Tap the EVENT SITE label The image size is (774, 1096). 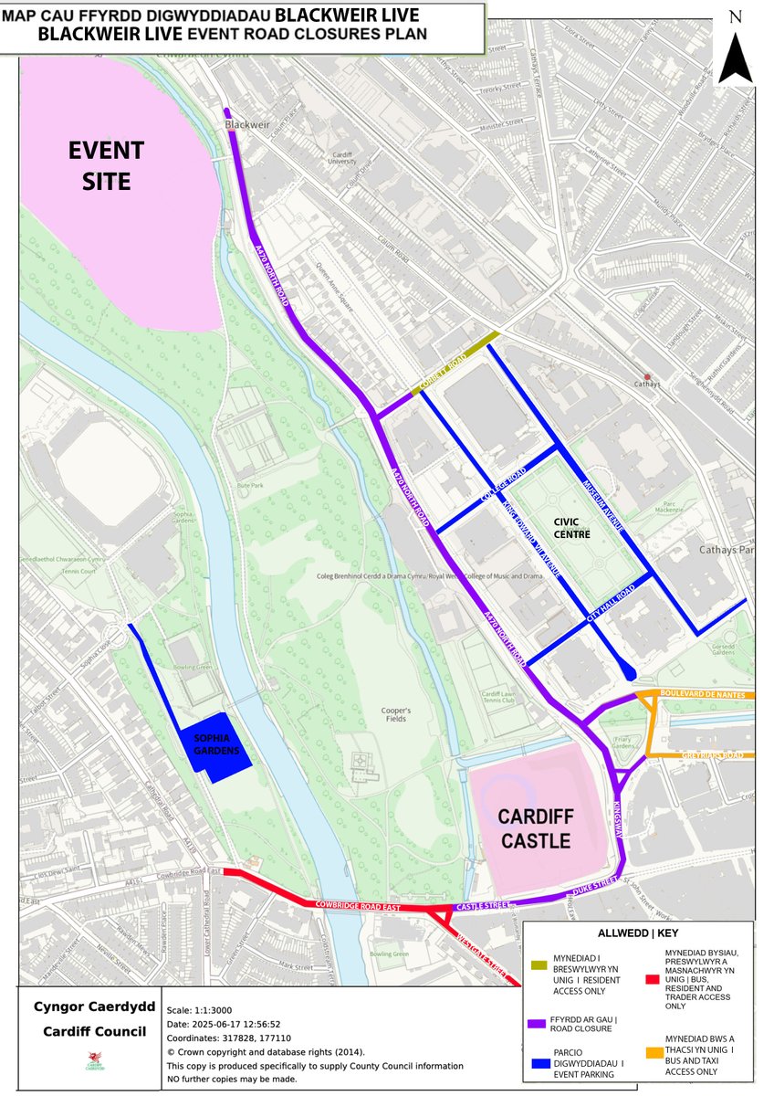(105, 165)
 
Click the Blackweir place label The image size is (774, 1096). (241, 121)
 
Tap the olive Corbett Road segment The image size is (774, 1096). (455, 363)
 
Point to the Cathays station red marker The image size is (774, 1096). (647, 377)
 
